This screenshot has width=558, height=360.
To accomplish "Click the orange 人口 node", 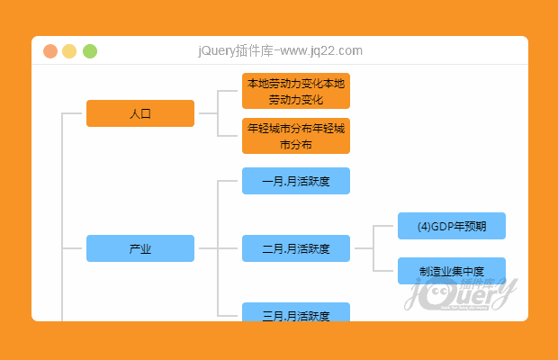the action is point(140,113).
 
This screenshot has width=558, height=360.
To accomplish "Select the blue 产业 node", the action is point(140,248).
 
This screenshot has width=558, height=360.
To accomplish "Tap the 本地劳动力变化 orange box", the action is point(296,91).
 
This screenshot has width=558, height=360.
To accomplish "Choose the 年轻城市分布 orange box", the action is point(296,136).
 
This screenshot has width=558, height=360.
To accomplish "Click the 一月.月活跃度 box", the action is point(296,181).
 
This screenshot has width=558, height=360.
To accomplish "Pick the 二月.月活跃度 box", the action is point(296,248).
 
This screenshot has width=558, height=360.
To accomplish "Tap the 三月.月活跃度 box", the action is point(296,312).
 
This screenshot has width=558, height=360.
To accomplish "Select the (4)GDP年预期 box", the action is point(452,226).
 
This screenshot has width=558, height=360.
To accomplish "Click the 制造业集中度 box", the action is point(452,271).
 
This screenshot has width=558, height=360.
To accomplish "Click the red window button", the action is point(50,51).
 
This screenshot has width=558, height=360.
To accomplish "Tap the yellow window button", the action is point(69,51).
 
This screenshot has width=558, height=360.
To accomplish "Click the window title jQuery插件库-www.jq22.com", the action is point(280,51).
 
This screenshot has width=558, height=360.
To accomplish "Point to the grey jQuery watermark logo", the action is point(461,293).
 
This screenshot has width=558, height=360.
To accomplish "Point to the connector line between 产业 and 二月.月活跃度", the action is point(218,248).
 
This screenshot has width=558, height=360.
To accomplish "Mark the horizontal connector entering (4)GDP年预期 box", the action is point(383,226).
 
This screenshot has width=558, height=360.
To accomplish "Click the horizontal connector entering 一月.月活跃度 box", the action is point(228,181).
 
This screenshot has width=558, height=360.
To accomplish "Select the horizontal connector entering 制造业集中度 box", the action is point(383,271).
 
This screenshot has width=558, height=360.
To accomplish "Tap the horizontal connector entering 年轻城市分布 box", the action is point(228,136).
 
